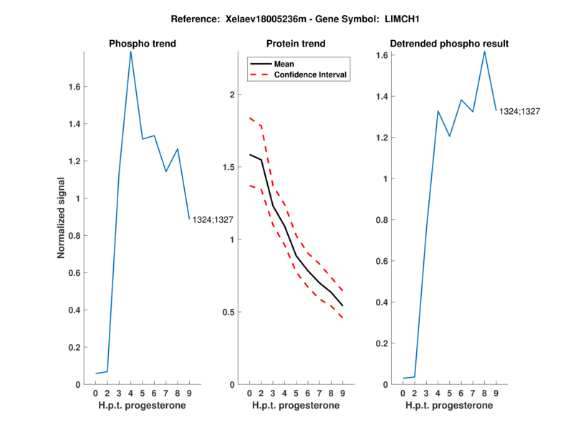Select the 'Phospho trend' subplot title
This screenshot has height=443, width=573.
click(x=142, y=44)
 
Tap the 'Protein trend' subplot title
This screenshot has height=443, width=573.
click(x=296, y=44)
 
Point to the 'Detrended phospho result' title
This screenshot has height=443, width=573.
click(x=449, y=44)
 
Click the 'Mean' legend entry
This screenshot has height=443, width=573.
click(x=284, y=64)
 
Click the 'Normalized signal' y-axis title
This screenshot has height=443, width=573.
click(x=62, y=218)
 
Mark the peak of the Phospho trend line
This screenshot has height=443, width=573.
click(x=130, y=51)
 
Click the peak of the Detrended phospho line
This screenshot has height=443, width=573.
click(x=485, y=51)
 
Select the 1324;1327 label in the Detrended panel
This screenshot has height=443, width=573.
click(x=519, y=111)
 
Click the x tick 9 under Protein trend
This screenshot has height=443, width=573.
click(x=342, y=394)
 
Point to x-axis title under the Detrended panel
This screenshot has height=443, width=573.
click(x=449, y=406)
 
